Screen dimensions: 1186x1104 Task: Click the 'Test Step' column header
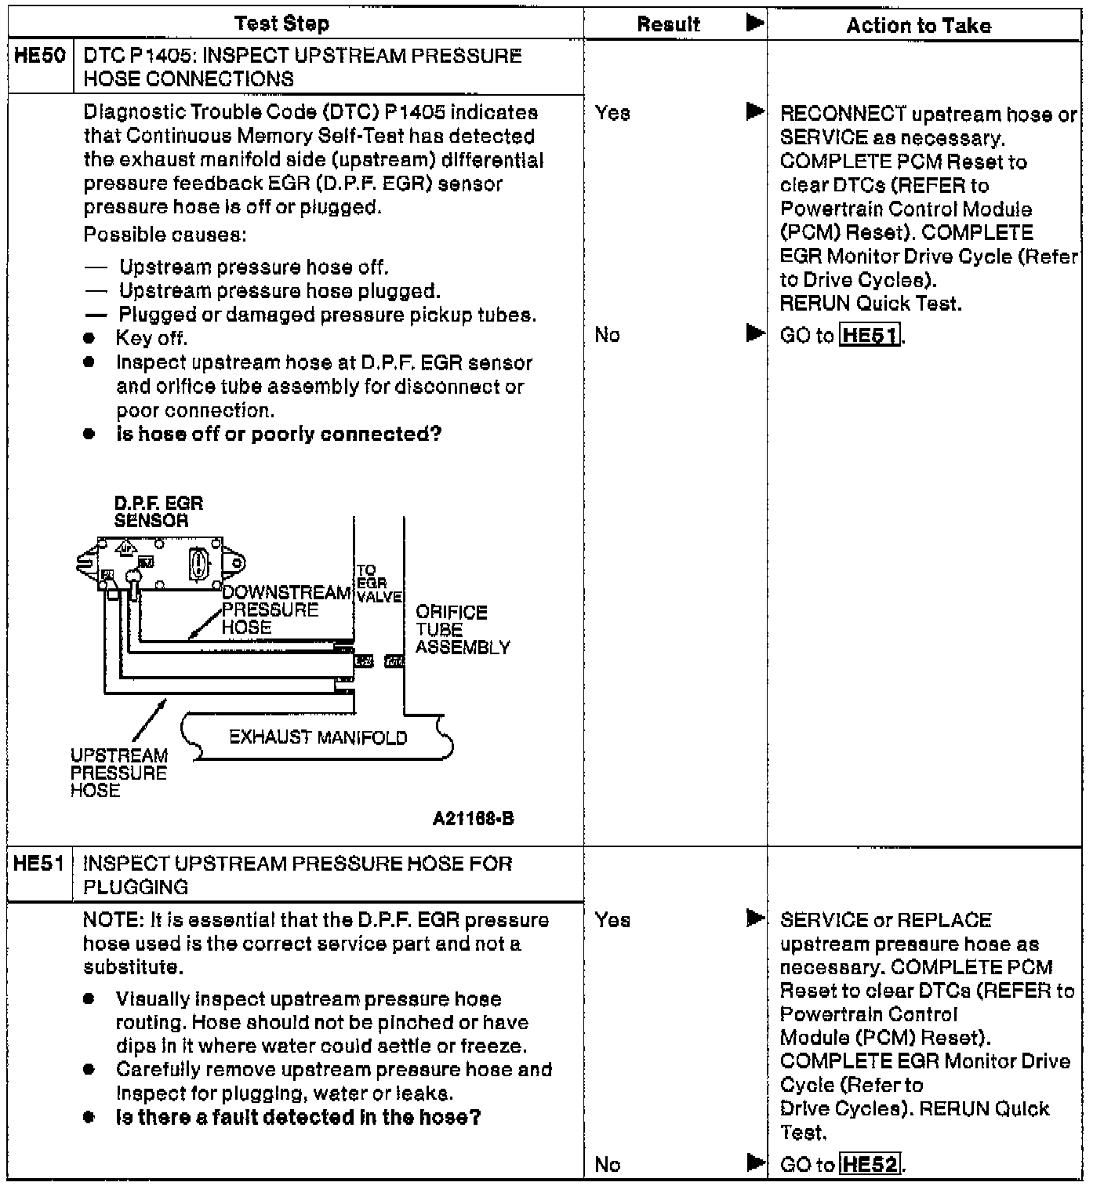point(281,24)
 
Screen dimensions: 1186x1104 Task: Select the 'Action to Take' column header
point(918,26)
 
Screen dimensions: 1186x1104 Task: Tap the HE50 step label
point(40,56)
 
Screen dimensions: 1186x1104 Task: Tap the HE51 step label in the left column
point(40,864)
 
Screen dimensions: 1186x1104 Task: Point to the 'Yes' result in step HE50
point(612,114)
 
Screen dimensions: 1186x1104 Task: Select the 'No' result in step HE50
point(607,336)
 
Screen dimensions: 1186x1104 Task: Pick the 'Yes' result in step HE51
point(612,920)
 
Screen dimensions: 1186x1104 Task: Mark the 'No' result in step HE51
point(607,1165)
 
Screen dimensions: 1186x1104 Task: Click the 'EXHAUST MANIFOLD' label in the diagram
point(318,737)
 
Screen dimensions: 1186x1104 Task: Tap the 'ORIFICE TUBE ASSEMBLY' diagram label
point(462,630)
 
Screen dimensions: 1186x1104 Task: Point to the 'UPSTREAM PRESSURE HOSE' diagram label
point(118,773)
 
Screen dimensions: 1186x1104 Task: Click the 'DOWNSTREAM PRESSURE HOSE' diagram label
point(285,610)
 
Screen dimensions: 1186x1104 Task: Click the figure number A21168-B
point(473,819)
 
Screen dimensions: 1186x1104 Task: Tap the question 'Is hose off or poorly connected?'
point(278,435)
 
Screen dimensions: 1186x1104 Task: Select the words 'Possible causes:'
point(165,235)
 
